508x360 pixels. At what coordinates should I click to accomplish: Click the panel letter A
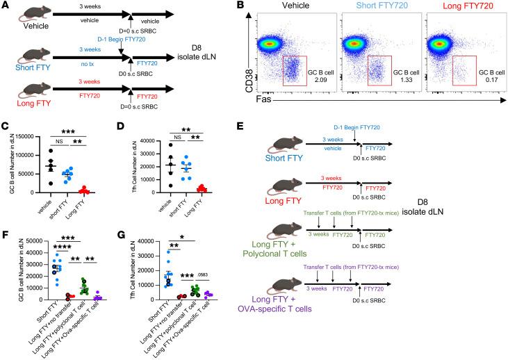(5, 6)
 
